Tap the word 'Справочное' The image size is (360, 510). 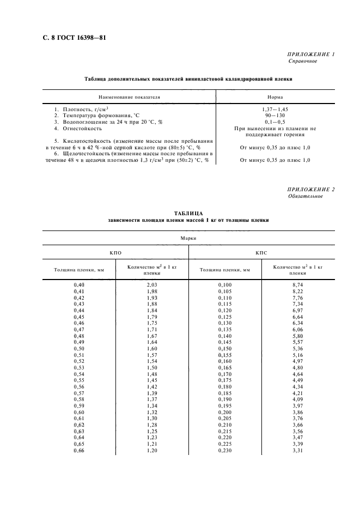303,62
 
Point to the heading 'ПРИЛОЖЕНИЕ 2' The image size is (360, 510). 310,189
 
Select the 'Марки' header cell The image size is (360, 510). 188,238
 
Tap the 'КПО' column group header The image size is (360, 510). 115,253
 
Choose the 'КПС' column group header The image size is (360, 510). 261,253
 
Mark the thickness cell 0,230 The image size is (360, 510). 225,451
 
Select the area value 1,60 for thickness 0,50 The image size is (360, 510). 152,348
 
